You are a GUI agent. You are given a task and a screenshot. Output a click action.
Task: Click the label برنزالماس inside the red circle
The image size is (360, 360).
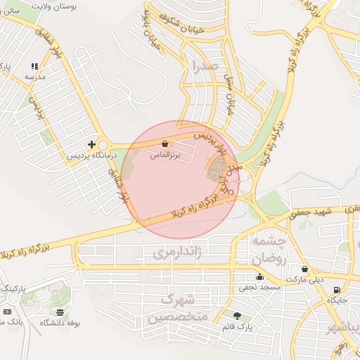(x=165, y=154)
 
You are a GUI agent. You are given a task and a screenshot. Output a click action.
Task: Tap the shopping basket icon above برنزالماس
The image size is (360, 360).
(x=165, y=143)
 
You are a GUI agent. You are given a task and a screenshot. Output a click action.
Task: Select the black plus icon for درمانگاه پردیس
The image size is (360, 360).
(x=91, y=143)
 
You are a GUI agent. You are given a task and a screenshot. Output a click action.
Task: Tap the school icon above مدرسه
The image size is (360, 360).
(x=35, y=66)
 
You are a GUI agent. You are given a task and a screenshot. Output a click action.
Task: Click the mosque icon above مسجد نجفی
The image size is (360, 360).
(x=260, y=277)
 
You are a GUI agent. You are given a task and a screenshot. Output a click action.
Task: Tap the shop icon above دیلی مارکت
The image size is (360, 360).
(x=304, y=269)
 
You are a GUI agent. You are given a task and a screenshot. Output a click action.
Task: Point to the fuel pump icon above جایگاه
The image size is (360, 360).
(x=337, y=290)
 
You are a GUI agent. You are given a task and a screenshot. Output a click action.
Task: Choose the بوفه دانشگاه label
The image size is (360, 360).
(x=60, y=323)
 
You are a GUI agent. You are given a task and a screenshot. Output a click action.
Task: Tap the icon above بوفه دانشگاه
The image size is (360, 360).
(x=60, y=312)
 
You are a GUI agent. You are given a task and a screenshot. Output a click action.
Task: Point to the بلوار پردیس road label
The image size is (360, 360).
(x=212, y=133)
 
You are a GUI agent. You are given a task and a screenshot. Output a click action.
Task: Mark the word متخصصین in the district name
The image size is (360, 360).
(x=177, y=317)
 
